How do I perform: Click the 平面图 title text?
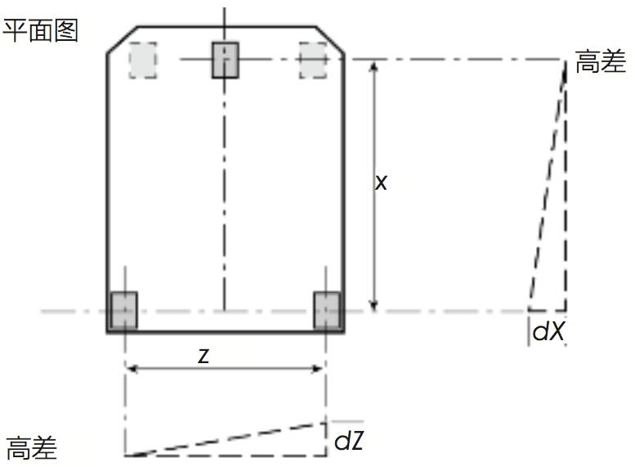pyautogui.click(x=40, y=31)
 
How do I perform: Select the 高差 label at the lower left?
pyautogui.click(x=32, y=448)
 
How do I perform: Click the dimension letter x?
pyautogui.click(x=381, y=182)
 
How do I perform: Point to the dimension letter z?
pyautogui.click(x=203, y=355)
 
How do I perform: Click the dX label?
pyautogui.click(x=548, y=330)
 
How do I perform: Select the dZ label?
pyautogui.click(x=349, y=440)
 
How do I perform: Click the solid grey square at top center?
pyautogui.click(x=226, y=60)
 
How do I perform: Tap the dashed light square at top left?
pyautogui.click(x=143, y=60)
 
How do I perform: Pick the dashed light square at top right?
pyautogui.click(x=313, y=60)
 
